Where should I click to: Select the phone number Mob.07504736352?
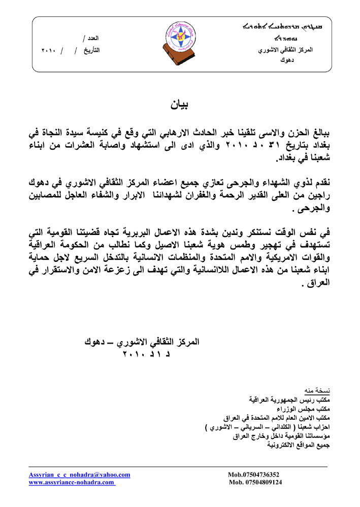[x=254, y=475]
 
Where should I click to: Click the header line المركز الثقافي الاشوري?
[x=286, y=51]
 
